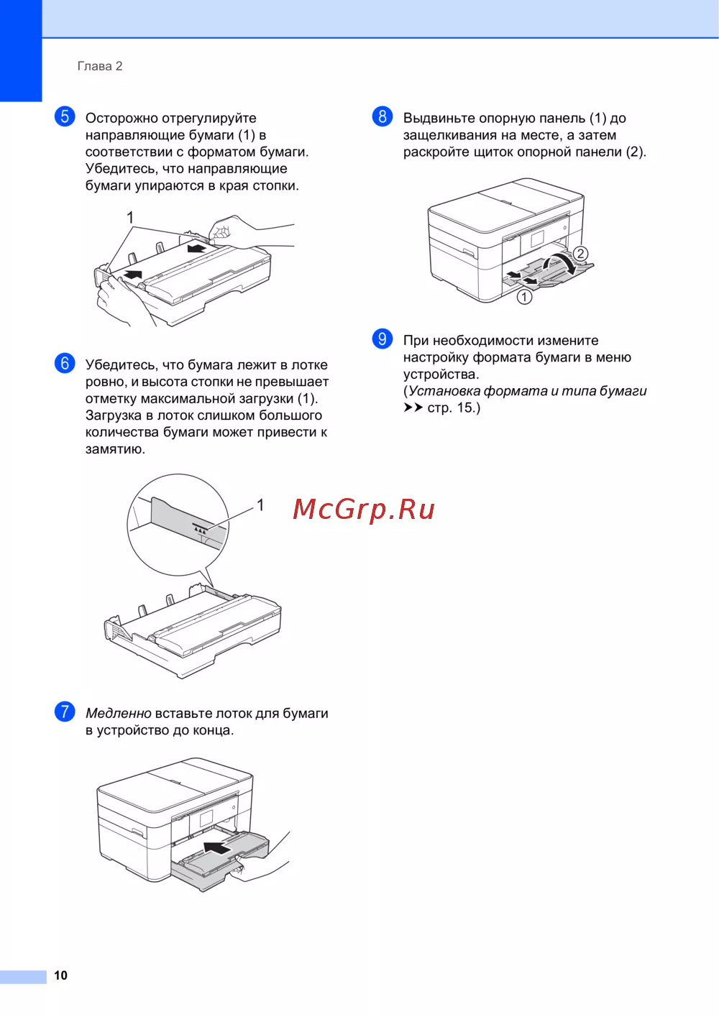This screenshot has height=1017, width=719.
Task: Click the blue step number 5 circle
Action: point(65,116)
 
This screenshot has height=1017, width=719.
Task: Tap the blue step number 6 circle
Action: point(65,363)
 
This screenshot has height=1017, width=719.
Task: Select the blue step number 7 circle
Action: point(65,712)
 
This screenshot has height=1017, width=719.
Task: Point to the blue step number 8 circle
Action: point(383,116)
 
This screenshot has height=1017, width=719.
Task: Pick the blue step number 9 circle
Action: point(383,339)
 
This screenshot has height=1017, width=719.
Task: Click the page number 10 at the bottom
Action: point(60,975)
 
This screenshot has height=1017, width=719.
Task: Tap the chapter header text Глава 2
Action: point(100,66)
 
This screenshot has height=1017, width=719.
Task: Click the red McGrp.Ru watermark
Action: point(364,510)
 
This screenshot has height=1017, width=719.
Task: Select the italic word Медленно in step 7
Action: point(119,713)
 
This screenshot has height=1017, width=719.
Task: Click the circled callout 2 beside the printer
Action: point(580,253)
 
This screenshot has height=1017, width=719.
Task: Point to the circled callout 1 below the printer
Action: point(525,297)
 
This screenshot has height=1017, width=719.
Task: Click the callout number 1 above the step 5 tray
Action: point(130,218)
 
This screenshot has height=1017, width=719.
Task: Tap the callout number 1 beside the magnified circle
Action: point(260,505)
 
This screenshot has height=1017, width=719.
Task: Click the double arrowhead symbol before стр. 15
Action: point(413,408)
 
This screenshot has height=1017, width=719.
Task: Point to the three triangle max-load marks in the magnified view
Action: point(201,530)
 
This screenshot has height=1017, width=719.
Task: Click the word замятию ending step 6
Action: point(115,449)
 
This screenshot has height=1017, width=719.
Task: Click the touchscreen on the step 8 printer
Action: point(537,239)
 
